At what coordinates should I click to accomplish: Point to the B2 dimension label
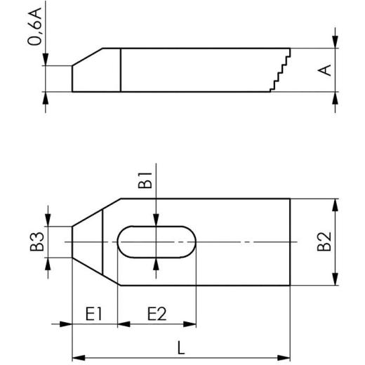pyautogui.click(x=324, y=241)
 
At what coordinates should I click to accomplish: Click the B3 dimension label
pyautogui.click(x=41, y=241)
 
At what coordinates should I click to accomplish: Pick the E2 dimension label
pyautogui.click(x=157, y=313)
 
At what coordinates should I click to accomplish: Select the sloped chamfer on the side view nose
pyautogui.click(x=88, y=56)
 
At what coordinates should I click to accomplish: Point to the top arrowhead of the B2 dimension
pyautogui.click(x=336, y=204)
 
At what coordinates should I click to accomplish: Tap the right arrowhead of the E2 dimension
pyautogui.click(x=192, y=324)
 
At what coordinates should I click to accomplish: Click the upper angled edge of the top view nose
pyautogui.click(x=96, y=212)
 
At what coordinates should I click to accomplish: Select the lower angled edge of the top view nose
pyautogui.click(x=96, y=272)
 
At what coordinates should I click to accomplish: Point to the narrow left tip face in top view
pyautogui.click(x=72, y=242)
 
